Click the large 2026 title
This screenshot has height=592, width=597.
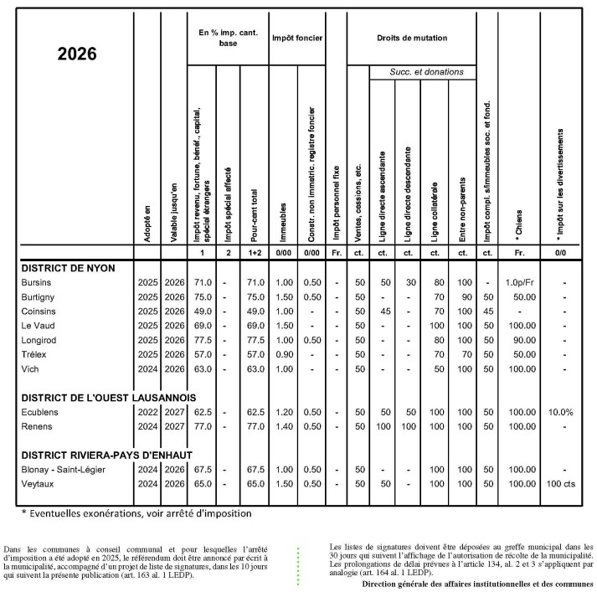(77, 54)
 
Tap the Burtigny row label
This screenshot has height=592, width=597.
(41, 296)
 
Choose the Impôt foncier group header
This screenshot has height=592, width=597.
(296, 38)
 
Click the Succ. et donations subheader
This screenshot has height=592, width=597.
(425, 72)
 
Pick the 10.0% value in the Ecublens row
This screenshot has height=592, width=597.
(561, 413)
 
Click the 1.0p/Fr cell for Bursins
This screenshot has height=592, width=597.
(521, 282)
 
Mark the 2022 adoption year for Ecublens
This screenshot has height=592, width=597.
(147, 413)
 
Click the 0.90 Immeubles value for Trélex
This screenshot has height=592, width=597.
(285, 354)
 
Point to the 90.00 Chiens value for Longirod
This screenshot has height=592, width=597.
(521, 340)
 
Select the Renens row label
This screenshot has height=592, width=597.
(39, 427)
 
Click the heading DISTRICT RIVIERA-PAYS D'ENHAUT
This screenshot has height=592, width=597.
(106, 455)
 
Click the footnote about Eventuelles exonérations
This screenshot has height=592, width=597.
(136, 512)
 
